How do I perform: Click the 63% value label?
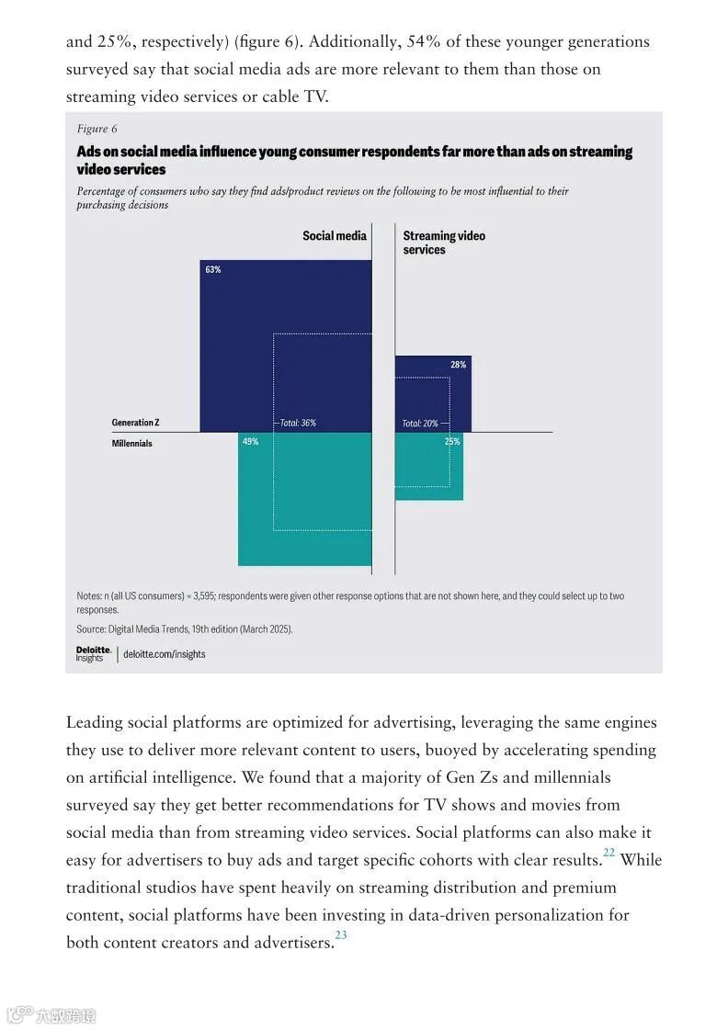[x=213, y=269]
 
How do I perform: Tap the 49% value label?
[x=250, y=442]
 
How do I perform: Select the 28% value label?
[x=458, y=365]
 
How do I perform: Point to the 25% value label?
[x=452, y=442]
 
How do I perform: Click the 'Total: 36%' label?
[x=298, y=424]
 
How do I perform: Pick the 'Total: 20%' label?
[x=420, y=424]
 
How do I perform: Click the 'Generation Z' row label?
[x=135, y=423]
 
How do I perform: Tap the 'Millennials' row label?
[x=131, y=444]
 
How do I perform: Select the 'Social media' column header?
[x=335, y=236]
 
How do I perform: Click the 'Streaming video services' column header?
[x=443, y=243]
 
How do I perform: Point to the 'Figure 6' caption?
[x=97, y=130]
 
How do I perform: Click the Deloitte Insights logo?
[x=94, y=653]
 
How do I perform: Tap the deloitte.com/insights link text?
[x=165, y=654]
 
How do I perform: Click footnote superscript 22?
[x=609, y=854]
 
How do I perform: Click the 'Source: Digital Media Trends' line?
[x=184, y=629]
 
